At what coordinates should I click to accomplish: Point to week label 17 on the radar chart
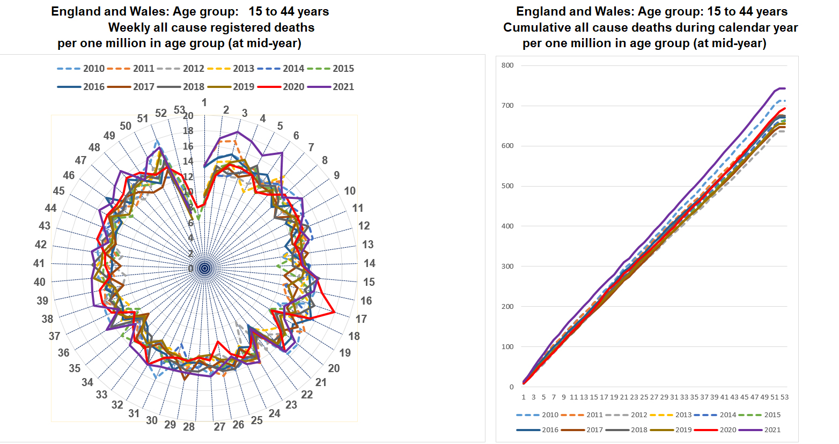[x=361, y=319]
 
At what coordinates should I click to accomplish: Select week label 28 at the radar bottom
[x=189, y=427]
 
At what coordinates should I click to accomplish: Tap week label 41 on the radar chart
[x=39, y=263]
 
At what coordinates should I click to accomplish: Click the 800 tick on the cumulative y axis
[x=507, y=65]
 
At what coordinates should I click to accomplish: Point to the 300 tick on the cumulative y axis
[x=507, y=267]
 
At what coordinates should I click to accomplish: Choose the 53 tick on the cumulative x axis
[x=785, y=397]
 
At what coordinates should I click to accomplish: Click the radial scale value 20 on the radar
[x=188, y=116]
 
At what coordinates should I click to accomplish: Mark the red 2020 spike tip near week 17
[x=334, y=312]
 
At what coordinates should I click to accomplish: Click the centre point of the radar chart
[x=204, y=268]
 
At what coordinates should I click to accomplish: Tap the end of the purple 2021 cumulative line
[x=785, y=88]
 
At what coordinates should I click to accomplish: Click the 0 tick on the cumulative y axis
[x=511, y=387]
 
